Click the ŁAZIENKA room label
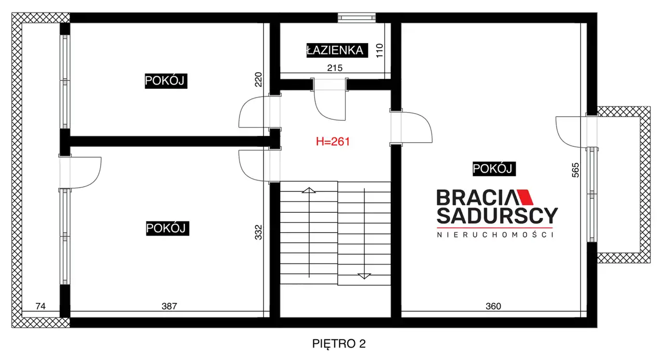tap(337, 50)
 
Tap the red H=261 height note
tap(333, 142)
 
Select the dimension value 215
tap(335, 68)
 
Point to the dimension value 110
tap(379, 51)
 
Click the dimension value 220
tap(258, 79)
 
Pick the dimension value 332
tap(258, 232)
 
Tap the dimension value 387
tap(169, 306)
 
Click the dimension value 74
tap(40, 306)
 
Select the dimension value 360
tap(493, 306)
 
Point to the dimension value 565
tap(575, 170)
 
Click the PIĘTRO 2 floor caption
tap(339, 344)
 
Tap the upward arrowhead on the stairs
tap(309, 190)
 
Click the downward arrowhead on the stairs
tap(364, 276)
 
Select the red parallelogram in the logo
tap(525, 197)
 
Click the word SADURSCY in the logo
tap(497, 216)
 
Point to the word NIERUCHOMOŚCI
tap(495, 235)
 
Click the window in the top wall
tap(356, 18)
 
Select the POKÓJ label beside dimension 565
tap(494, 169)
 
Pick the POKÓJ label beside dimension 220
tap(166, 80)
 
